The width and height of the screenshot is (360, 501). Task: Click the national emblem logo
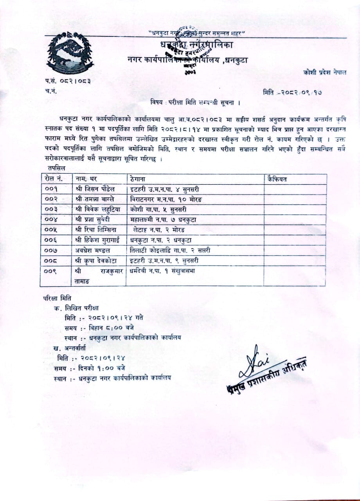[70, 54]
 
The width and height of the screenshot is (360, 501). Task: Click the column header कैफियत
[277, 180]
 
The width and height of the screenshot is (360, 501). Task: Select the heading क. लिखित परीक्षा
[76, 308]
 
